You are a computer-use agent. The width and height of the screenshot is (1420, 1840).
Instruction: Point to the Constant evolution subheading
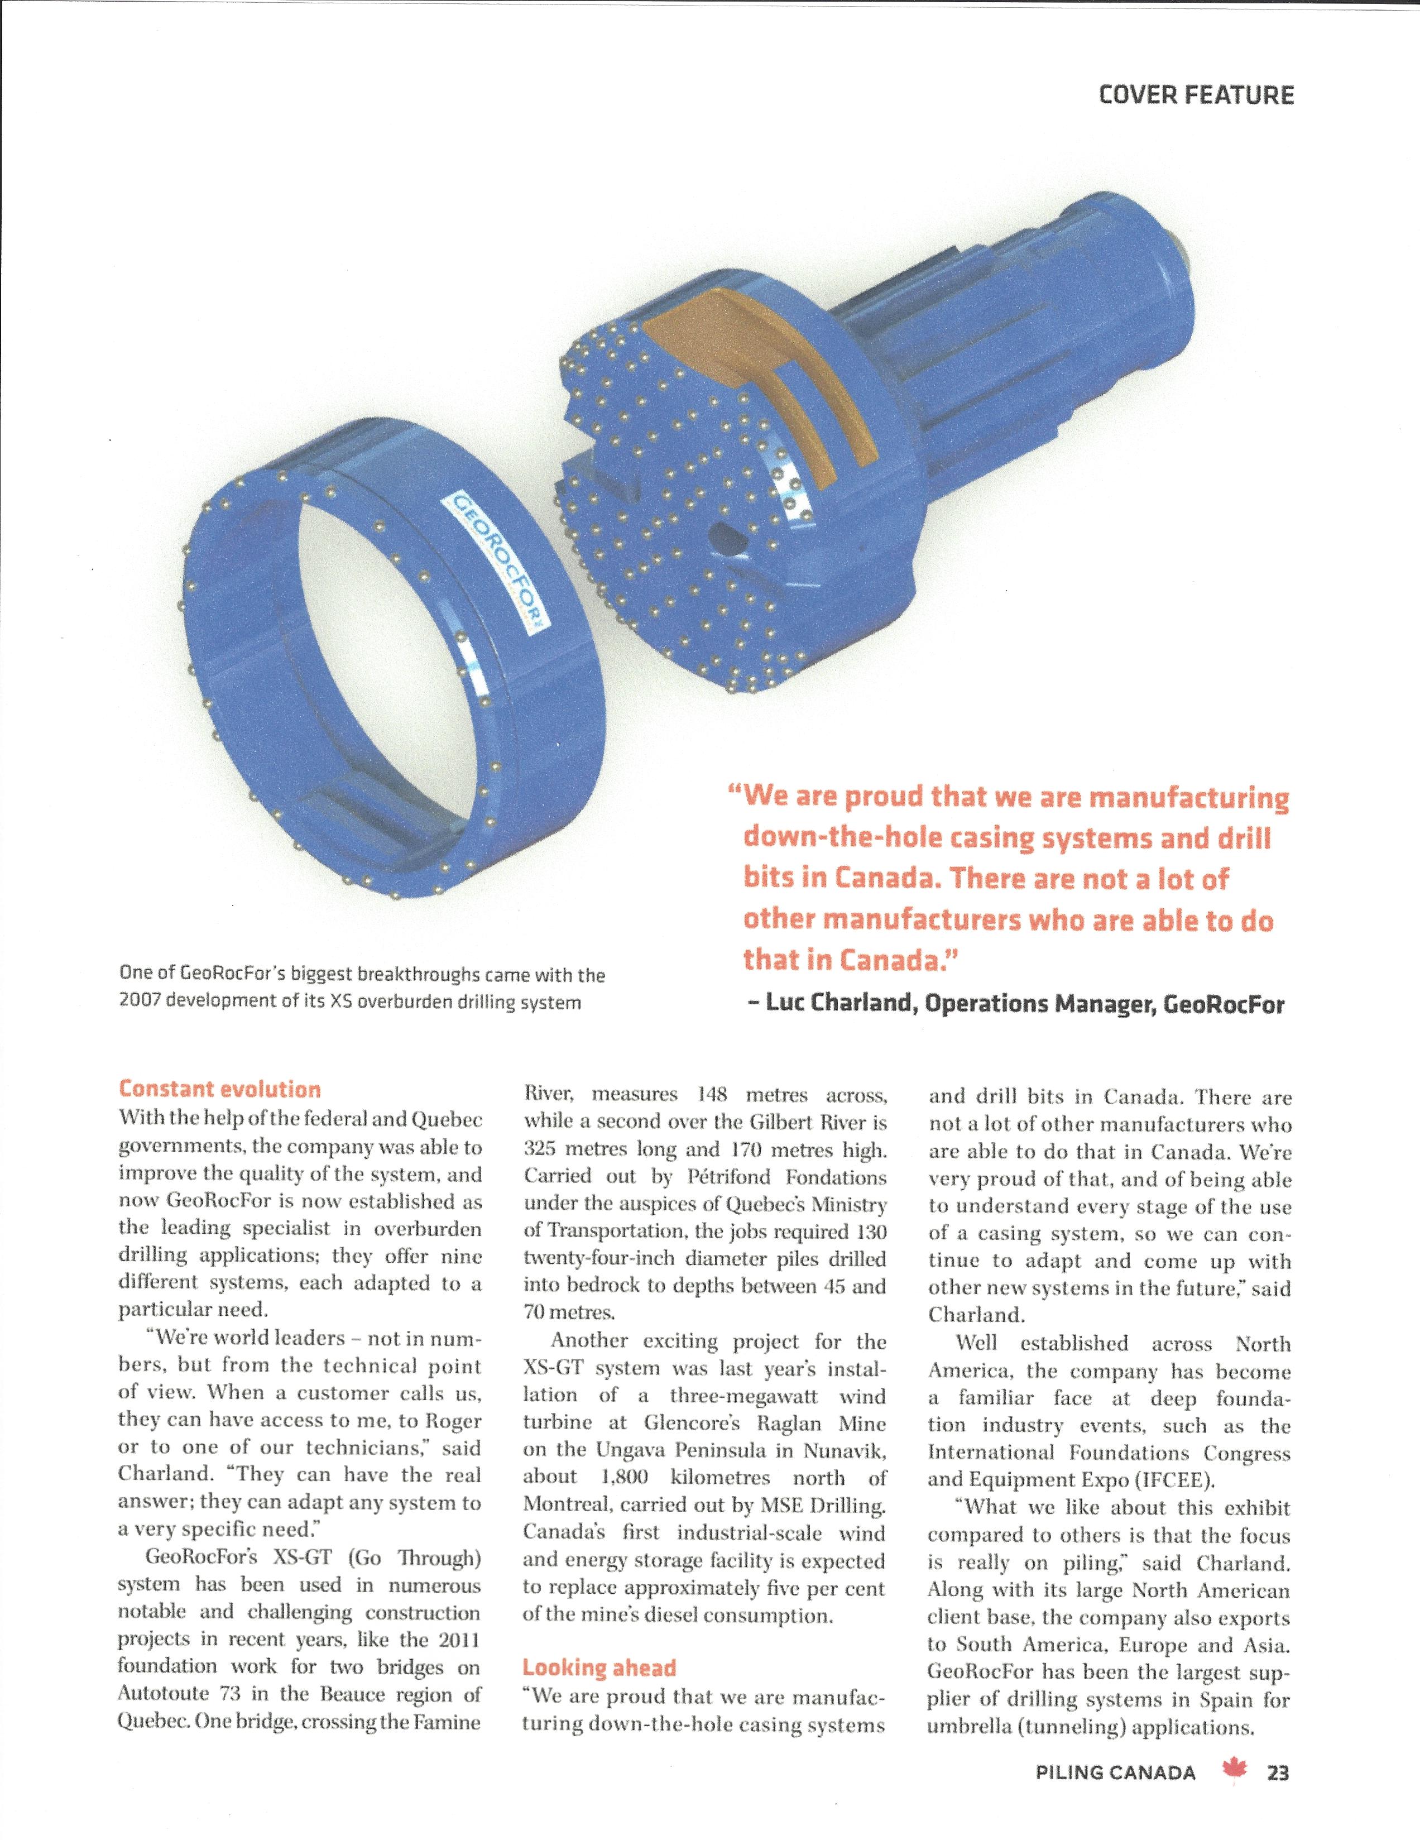220,1089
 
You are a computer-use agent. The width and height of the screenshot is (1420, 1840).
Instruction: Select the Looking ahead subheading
599,1667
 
